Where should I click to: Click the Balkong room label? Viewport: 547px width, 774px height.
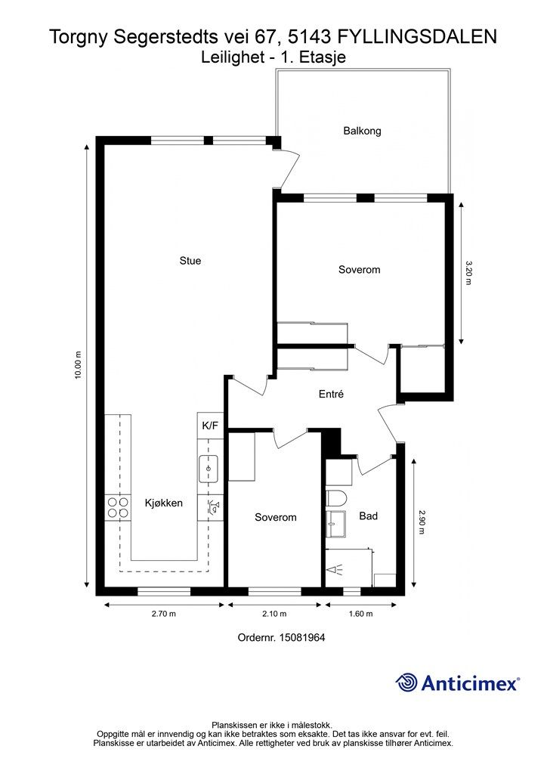click(x=362, y=131)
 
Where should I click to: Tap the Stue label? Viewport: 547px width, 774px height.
click(x=190, y=261)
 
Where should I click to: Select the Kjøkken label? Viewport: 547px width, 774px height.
click(x=164, y=503)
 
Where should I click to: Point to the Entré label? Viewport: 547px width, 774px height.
click(x=331, y=394)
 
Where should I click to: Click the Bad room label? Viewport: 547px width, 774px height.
click(x=369, y=515)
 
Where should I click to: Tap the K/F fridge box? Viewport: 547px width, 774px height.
click(x=210, y=425)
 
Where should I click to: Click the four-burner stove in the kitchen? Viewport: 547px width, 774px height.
click(x=118, y=507)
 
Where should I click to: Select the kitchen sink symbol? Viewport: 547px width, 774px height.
click(x=209, y=469)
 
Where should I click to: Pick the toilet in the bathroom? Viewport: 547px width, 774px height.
click(x=337, y=497)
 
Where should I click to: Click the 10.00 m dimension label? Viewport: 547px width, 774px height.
click(x=77, y=365)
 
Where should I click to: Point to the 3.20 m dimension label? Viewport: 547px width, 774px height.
click(x=468, y=273)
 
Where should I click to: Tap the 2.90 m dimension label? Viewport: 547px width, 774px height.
click(x=422, y=522)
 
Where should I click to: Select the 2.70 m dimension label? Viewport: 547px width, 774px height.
click(x=164, y=614)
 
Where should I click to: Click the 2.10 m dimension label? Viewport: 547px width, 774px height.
click(x=274, y=614)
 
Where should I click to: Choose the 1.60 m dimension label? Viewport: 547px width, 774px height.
click(x=360, y=614)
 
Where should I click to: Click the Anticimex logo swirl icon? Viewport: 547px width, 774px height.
click(x=406, y=683)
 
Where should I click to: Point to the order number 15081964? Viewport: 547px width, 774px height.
click(x=302, y=637)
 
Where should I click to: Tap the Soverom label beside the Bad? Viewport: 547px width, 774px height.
click(x=275, y=517)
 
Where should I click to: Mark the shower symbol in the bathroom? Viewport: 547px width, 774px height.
click(x=335, y=570)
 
